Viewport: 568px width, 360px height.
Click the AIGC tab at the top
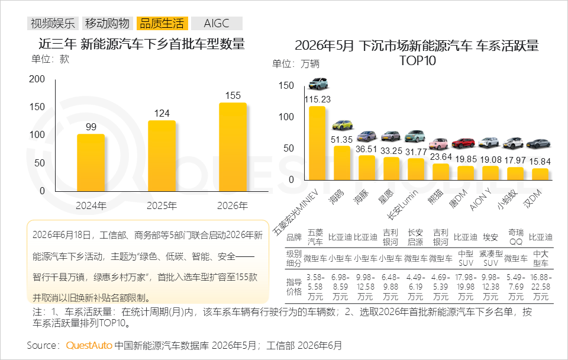point(217,23)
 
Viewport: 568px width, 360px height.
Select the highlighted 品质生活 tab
point(162,23)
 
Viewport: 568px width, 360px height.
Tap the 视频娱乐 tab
point(53,23)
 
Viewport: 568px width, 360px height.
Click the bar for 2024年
point(91,163)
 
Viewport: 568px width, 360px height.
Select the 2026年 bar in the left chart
point(233,147)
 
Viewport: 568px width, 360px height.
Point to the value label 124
point(162,114)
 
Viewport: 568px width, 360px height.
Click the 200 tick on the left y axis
point(37,79)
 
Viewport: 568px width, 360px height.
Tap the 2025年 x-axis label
point(162,206)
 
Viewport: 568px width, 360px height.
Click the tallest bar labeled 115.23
point(317,143)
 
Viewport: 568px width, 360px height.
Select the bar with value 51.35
point(342,163)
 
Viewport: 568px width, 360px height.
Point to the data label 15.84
point(540,161)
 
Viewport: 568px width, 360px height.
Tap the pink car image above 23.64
point(438,143)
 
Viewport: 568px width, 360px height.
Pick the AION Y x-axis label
point(480,200)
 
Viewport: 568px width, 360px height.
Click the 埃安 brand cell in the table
point(490,237)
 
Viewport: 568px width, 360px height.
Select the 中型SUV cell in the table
point(466,258)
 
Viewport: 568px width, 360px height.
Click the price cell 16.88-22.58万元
point(540,287)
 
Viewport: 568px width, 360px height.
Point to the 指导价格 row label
point(294,287)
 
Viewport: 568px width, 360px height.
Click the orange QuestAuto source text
point(89,345)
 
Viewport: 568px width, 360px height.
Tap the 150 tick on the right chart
point(286,85)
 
